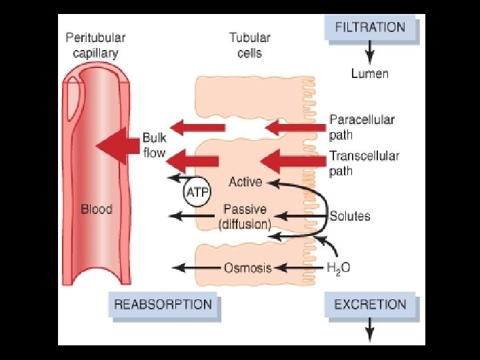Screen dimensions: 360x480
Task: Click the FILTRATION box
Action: [370, 29]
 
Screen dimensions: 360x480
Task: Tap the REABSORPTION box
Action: [163, 305]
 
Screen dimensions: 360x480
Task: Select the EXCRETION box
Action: [370, 305]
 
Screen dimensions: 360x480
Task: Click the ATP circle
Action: [196, 192]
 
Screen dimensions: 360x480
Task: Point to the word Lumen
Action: [369, 73]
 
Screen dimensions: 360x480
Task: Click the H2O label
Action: [338, 268]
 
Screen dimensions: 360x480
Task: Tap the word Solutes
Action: [349, 216]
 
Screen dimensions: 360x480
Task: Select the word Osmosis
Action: [247, 268]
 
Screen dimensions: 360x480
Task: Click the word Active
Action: [245, 181]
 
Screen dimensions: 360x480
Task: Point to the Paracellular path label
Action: [361, 127]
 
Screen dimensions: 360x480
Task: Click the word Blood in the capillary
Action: [97, 209]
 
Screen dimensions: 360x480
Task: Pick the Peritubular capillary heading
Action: [95, 45]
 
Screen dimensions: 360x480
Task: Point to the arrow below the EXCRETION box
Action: [370, 329]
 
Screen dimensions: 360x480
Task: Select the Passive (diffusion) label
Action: [245, 217]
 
